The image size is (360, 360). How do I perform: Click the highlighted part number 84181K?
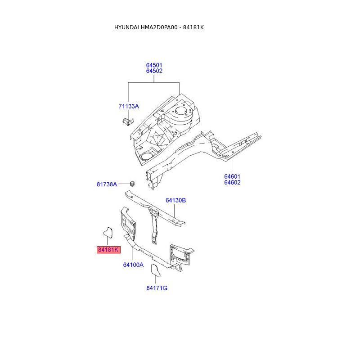click(108, 250)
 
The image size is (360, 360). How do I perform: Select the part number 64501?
click(154, 65)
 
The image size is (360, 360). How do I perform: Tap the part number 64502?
click(154, 71)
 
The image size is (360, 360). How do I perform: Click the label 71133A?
click(129, 106)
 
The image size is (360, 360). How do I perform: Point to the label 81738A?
click(107, 184)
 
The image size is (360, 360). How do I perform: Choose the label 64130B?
click(175, 200)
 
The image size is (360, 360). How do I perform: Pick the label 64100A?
click(133, 265)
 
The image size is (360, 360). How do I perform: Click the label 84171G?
click(157, 288)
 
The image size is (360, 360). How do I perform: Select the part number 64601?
click(232, 176)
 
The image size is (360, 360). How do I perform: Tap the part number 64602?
click(232, 183)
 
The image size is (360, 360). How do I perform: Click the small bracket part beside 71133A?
click(128, 121)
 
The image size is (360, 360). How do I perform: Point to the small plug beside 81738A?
click(132, 183)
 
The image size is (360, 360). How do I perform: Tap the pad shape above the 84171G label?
click(155, 271)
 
